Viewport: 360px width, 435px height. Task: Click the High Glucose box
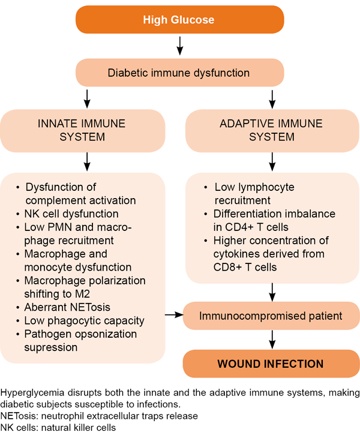pyautogui.click(x=179, y=20)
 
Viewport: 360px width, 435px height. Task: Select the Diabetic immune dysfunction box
pyautogui.click(x=179, y=73)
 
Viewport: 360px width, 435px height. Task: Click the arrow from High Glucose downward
pyautogui.click(x=179, y=46)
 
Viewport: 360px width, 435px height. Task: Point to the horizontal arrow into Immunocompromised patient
pyautogui.click(x=174, y=314)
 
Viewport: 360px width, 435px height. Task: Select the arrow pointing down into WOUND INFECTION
pyautogui.click(x=274, y=339)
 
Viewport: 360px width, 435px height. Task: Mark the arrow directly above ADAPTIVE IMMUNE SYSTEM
pyautogui.click(x=274, y=97)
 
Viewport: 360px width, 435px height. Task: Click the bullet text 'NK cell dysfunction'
pyautogui.click(x=71, y=214)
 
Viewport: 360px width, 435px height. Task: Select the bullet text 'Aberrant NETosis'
pyautogui.click(x=67, y=307)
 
